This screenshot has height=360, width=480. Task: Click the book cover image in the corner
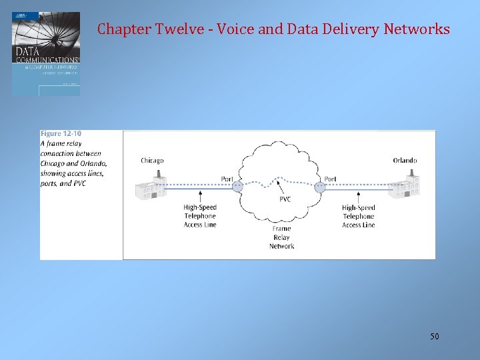point(46,54)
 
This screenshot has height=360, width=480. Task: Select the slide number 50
point(434,337)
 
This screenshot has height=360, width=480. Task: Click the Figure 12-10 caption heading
point(61,134)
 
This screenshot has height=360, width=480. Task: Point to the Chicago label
point(152,161)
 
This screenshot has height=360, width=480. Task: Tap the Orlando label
point(405,161)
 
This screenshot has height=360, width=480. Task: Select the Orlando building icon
point(405,186)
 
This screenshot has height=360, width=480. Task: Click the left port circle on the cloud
point(237,187)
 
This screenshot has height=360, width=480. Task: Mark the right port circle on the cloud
point(319,187)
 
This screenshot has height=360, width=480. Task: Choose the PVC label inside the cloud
point(285,199)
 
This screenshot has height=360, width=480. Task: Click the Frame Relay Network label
point(282,237)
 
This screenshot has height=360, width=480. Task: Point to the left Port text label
point(227,179)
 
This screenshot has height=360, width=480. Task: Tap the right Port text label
point(330,179)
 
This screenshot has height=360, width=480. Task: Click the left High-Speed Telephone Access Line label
point(200,216)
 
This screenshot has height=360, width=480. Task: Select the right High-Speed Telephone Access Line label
point(359,216)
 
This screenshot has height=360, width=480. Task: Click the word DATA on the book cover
point(28,51)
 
